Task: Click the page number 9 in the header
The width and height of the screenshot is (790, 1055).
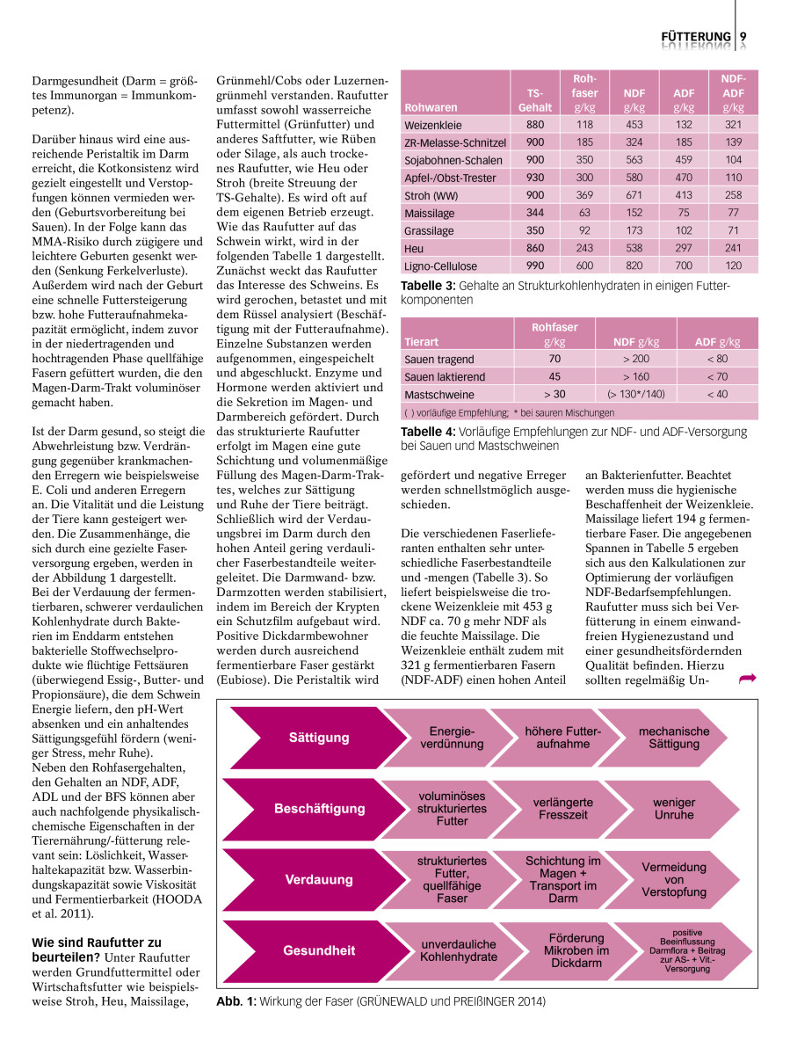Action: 743,36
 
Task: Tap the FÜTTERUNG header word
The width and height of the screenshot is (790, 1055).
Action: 696,37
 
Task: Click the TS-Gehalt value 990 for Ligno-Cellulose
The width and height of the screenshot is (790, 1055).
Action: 534,266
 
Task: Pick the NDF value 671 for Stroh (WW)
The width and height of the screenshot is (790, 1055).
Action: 634,195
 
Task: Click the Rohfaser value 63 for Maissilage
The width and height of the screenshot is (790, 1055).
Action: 584,213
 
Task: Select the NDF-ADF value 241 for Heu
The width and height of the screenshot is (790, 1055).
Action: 733,248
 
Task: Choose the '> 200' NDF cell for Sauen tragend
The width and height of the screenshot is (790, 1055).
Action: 636,359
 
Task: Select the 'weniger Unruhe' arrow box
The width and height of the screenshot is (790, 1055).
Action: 674,808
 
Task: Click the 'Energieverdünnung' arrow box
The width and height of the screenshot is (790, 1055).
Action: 452,738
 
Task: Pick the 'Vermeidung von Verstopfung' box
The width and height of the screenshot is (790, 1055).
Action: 674,879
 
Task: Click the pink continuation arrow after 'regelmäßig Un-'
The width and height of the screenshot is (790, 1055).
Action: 749,678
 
